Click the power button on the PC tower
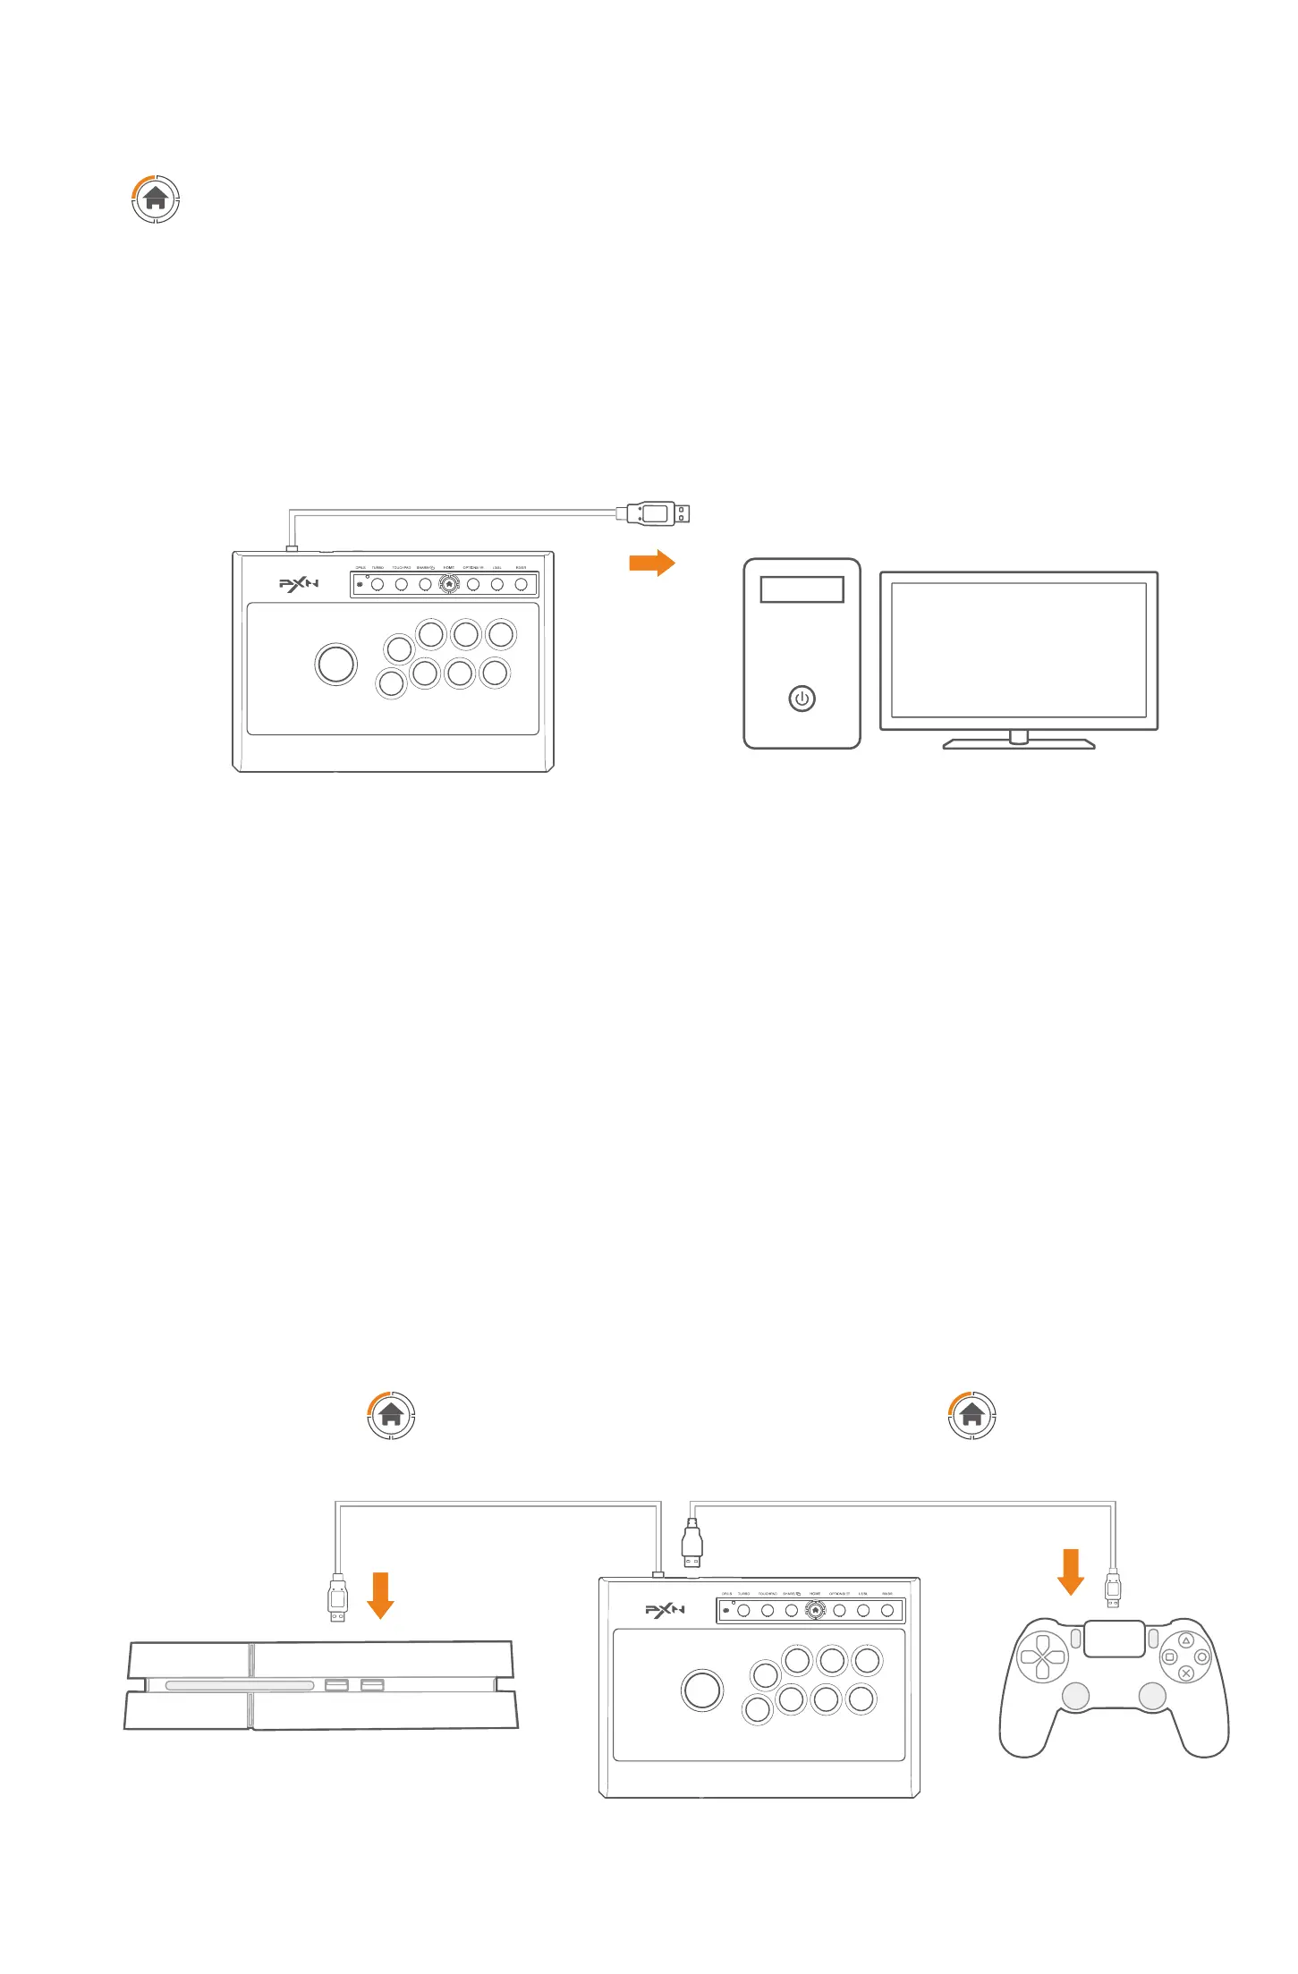point(802,699)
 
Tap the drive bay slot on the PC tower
point(802,589)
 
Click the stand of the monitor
point(1018,741)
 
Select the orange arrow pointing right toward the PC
point(652,563)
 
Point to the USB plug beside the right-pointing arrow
point(657,513)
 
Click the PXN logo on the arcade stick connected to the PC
point(299,584)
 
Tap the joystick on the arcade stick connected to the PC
point(336,664)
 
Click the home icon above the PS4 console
point(391,1415)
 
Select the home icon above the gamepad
point(971,1415)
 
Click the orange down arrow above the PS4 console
point(381,1595)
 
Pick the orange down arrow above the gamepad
point(1071,1572)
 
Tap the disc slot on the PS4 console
point(240,1685)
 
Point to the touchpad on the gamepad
point(1114,1639)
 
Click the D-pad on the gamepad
point(1043,1657)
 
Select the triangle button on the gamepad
point(1186,1641)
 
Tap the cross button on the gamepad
point(1186,1673)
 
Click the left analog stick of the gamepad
point(1075,1695)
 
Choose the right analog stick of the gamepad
point(1152,1695)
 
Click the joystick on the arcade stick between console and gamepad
point(702,1690)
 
